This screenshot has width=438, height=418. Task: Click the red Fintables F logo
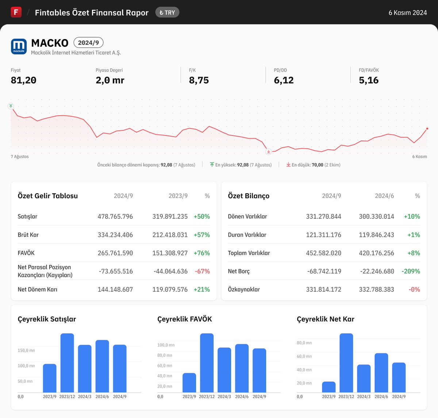[16, 12]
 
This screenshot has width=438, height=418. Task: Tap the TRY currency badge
[167, 12]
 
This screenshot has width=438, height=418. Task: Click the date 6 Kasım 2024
[407, 13]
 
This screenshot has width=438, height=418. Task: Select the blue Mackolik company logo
[19, 46]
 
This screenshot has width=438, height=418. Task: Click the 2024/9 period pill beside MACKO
[88, 43]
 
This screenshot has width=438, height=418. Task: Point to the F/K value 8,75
[199, 80]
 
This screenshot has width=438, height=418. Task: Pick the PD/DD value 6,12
[284, 80]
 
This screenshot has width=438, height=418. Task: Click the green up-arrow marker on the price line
[11, 106]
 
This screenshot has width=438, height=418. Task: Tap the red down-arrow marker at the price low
[269, 152]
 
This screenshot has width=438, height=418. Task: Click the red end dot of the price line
[427, 129]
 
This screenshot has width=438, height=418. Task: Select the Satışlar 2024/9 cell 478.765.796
[115, 216]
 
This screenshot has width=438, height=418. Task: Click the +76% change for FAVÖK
[201, 253]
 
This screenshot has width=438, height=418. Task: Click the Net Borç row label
[239, 271]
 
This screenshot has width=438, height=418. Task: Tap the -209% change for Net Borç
[411, 271]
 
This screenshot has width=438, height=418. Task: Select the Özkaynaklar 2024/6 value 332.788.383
[376, 289]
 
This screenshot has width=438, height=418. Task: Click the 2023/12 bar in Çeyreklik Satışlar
[67, 363]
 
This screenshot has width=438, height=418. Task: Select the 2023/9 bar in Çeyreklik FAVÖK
[189, 383]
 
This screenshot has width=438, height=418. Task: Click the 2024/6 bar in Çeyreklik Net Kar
[381, 373]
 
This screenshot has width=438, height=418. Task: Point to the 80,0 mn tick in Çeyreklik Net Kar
[304, 343]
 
